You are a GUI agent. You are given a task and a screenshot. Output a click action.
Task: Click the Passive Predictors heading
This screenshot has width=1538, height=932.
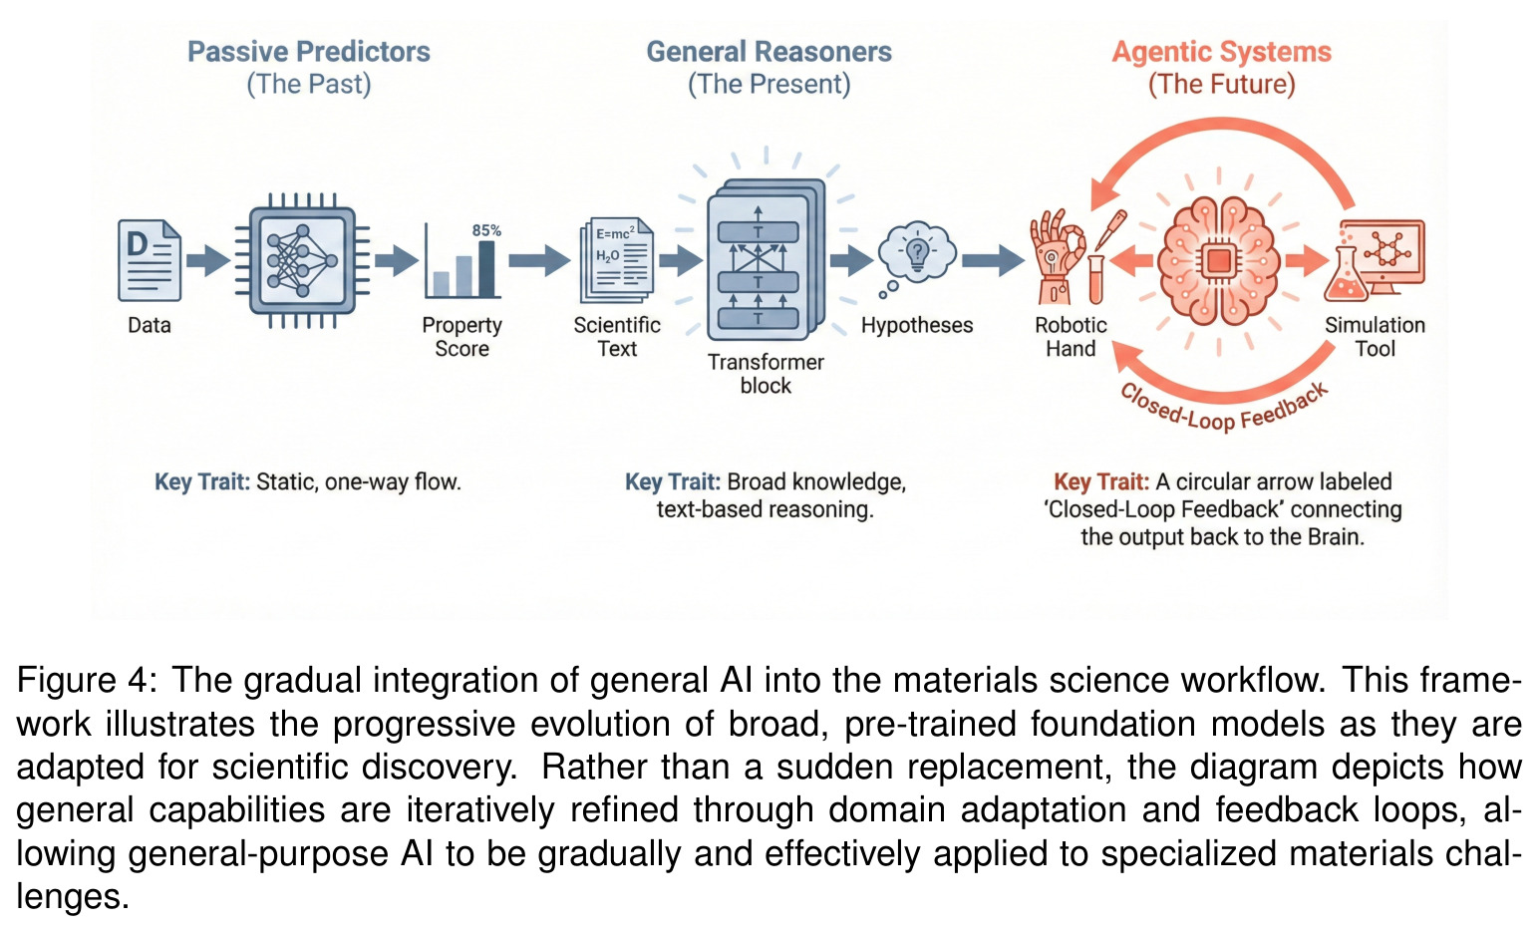(x=309, y=52)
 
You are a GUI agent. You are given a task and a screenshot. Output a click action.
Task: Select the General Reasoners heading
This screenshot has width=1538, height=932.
(x=769, y=52)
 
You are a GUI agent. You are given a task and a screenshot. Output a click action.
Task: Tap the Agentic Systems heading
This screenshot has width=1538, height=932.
(x=1221, y=53)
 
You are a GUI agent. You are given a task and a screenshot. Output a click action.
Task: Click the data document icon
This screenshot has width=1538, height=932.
(x=150, y=260)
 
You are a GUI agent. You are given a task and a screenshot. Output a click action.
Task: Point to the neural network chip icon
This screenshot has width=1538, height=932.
(x=302, y=261)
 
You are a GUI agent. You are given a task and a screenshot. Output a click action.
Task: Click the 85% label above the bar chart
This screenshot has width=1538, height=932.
(x=486, y=231)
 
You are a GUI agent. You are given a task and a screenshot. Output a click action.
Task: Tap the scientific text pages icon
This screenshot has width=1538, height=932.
(x=617, y=260)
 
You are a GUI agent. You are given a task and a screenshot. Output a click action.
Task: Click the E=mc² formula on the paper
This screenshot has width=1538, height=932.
(x=615, y=234)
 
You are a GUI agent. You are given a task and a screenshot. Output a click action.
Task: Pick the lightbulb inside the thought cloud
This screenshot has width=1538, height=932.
(x=917, y=251)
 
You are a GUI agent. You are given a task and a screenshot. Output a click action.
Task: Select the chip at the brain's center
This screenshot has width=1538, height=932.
(x=1219, y=262)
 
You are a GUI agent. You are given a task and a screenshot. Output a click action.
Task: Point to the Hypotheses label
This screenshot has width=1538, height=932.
(x=917, y=325)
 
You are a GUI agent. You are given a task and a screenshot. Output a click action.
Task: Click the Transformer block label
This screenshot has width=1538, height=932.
(x=766, y=374)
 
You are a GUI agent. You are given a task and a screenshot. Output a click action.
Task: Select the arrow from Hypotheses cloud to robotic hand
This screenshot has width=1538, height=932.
(x=993, y=260)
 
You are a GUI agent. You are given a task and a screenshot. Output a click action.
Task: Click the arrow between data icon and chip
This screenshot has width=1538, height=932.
(x=208, y=260)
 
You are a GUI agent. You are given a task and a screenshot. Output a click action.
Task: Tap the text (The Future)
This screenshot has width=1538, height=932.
(x=1221, y=85)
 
